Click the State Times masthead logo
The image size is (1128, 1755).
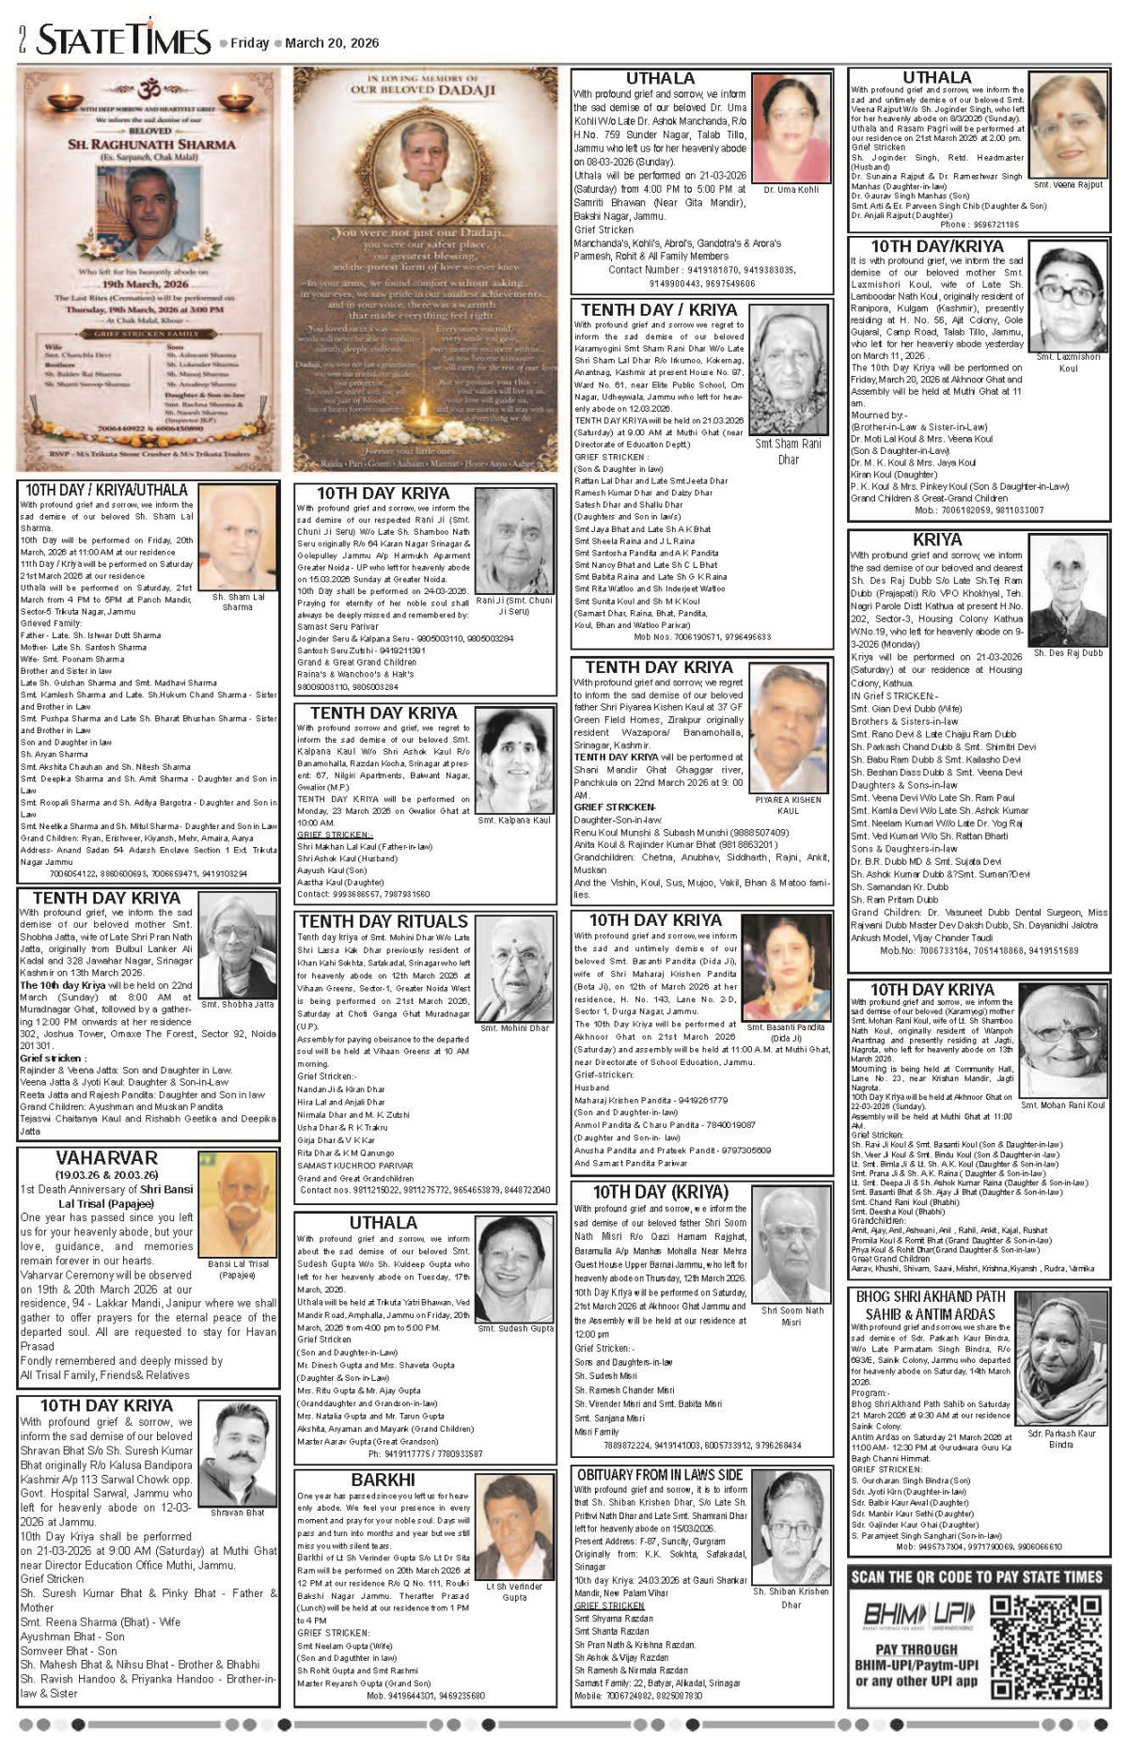tap(123, 40)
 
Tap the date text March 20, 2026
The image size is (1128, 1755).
tap(332, 43)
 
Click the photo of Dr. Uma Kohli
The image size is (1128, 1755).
tap(791, 128)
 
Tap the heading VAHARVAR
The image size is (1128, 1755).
tap(106, 1158)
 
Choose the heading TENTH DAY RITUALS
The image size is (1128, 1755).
tap(383, 921)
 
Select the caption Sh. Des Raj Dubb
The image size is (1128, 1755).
tap(1068, 652)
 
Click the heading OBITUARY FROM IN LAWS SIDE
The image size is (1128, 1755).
tap(660, 1475)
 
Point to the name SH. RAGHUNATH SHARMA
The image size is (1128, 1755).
tap(151, 144)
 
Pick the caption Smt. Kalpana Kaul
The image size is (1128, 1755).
tap(514, 821)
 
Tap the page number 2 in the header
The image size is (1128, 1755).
tap(21, 40)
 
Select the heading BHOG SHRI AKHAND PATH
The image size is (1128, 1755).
tap(931, 1296)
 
